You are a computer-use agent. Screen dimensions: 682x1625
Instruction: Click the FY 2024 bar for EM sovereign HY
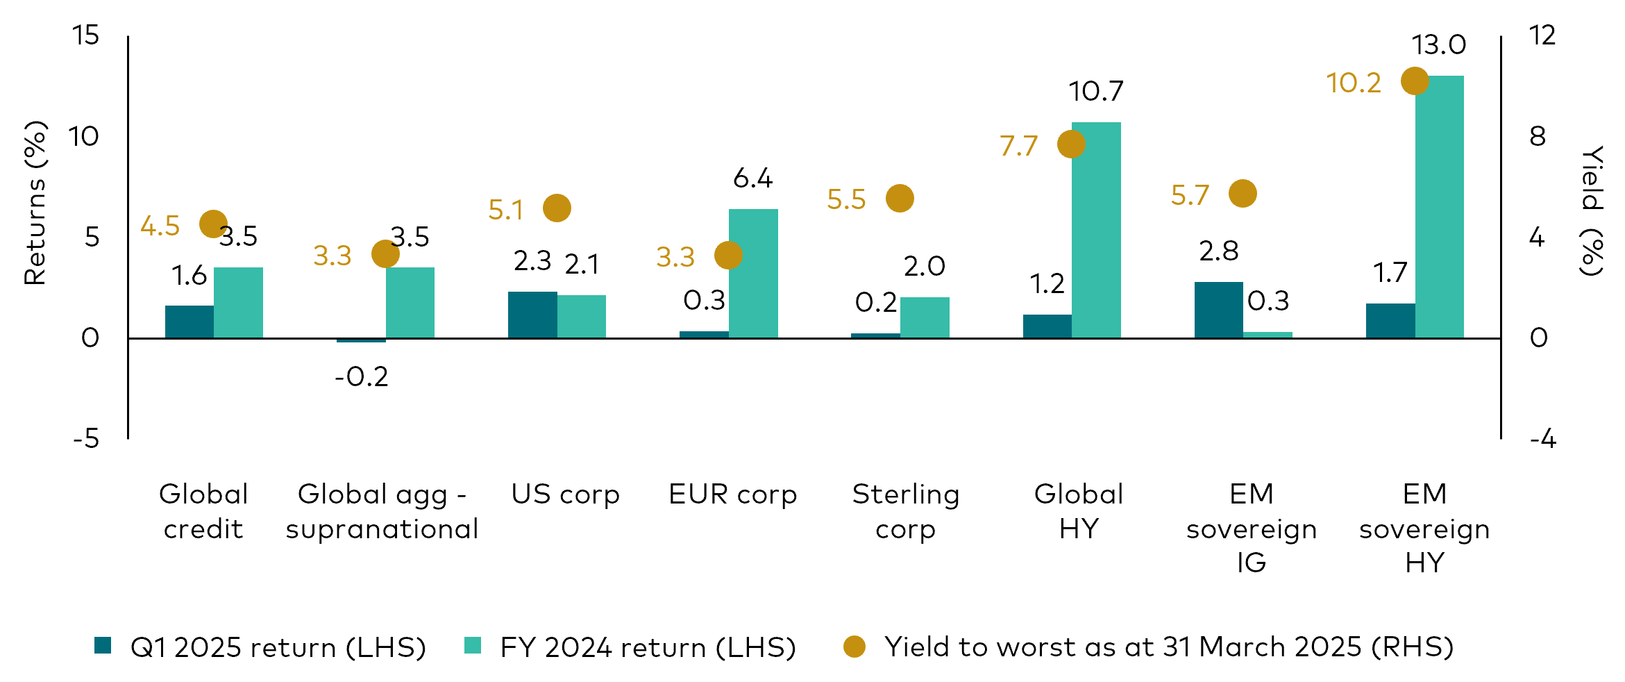1439,208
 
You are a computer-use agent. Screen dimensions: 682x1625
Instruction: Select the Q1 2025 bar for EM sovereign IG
1218,310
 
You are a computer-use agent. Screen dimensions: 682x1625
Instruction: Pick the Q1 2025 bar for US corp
532,315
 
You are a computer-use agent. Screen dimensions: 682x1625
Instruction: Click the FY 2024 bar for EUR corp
753,274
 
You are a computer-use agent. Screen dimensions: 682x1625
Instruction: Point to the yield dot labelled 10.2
1415,81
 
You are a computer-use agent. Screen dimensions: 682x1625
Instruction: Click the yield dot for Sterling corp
900,199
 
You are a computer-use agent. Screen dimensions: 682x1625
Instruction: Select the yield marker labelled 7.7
1071,144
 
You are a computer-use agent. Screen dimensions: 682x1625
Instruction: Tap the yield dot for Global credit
213,224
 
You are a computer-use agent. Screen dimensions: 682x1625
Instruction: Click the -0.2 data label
361,377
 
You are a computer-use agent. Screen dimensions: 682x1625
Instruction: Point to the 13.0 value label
1438,45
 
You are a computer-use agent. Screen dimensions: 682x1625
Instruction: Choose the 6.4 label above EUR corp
752,179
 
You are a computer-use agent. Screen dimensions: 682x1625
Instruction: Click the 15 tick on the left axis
86,35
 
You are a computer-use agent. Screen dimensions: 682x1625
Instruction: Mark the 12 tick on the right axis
1542,35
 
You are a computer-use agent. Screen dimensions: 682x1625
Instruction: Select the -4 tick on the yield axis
1542,439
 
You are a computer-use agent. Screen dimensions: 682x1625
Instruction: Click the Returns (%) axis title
35,203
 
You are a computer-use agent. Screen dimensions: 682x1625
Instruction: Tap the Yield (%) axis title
1592,210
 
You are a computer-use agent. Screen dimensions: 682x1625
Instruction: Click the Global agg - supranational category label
382,511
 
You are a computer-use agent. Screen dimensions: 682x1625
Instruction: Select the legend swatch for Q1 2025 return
103,646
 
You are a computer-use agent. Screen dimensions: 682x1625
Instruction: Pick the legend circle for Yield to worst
854,647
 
